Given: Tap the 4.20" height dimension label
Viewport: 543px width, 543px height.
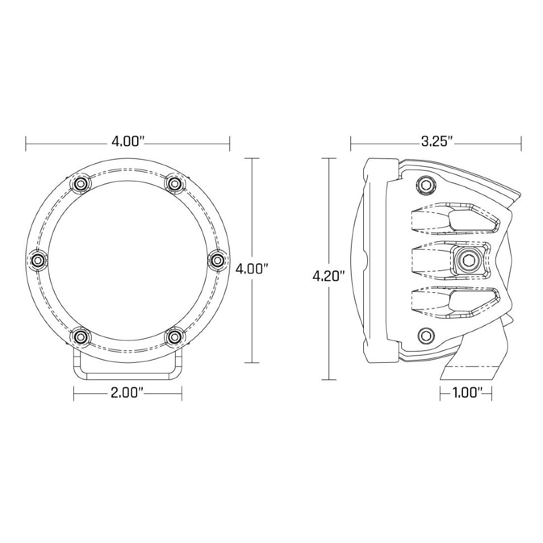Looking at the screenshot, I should pyautogui.click(x=329, y=275).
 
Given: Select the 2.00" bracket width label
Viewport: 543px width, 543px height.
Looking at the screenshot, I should pyautogui.click(x=128, y=394).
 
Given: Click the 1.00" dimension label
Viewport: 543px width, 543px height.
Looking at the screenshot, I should pyautogui.click(x=465, y=394).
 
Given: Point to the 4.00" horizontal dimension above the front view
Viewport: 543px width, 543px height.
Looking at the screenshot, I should pyautogui.click(x=128, y=141).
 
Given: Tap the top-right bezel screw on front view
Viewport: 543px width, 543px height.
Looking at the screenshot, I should pyautogui.click(x=175, y=183).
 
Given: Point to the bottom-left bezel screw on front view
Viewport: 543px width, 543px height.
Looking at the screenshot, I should pyautogui.click(x=82, y=336).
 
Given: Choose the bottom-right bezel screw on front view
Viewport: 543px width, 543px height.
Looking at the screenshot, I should pyautogui.click(x=175, y=336).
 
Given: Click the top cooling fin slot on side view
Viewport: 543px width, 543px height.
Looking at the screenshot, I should pyautogui.click(x=453, y=219).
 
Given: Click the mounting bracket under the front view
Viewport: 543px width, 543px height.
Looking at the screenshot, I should pyautogui.click(x=128, y=369).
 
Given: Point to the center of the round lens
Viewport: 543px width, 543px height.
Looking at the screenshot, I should pyautogui.click(x=128, y=260).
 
